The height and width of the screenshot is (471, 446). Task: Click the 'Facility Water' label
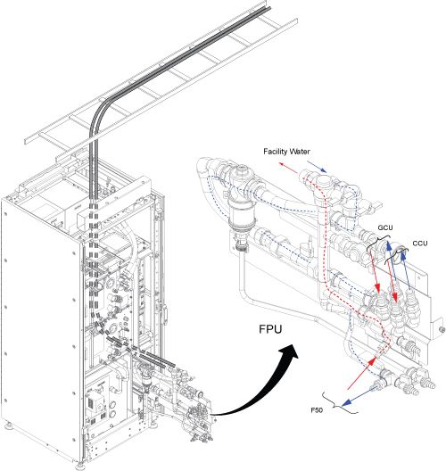coord(286,152)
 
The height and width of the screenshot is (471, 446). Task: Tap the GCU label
coord(385,227)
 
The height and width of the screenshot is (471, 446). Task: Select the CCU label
coord(420,244)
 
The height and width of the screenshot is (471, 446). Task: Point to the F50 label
coord(317,410)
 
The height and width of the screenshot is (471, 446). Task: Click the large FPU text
coord(270,329)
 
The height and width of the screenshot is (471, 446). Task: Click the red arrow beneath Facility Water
coord(288,168)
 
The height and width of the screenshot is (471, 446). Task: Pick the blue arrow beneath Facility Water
coord(317,167)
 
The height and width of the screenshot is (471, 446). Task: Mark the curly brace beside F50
coord(339,403)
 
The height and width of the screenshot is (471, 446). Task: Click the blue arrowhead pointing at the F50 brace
coord(346,401)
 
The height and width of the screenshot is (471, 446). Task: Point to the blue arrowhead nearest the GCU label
coord(389,247)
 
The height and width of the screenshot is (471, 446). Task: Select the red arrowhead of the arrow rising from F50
coord(372,360)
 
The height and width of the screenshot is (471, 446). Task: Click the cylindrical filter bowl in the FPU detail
coord(240,218)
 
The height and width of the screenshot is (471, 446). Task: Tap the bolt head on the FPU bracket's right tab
coord(442,328)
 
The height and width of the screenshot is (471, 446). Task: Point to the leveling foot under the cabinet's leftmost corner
coord(7,426)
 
